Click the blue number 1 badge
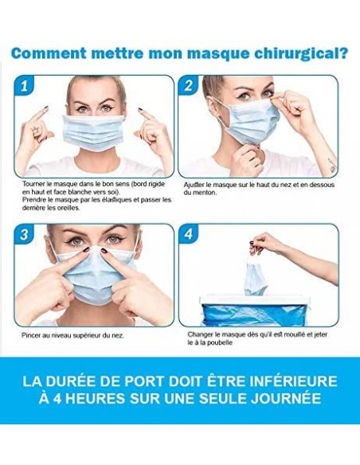coord(25,85)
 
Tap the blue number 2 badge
coord(188,85)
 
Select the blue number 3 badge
coord(25,234)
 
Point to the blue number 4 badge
coord(189,234)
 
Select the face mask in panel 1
coord(94,133)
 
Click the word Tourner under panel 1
coord(31,184)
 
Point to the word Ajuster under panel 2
coord(194,185)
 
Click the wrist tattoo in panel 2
coord(331,166)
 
